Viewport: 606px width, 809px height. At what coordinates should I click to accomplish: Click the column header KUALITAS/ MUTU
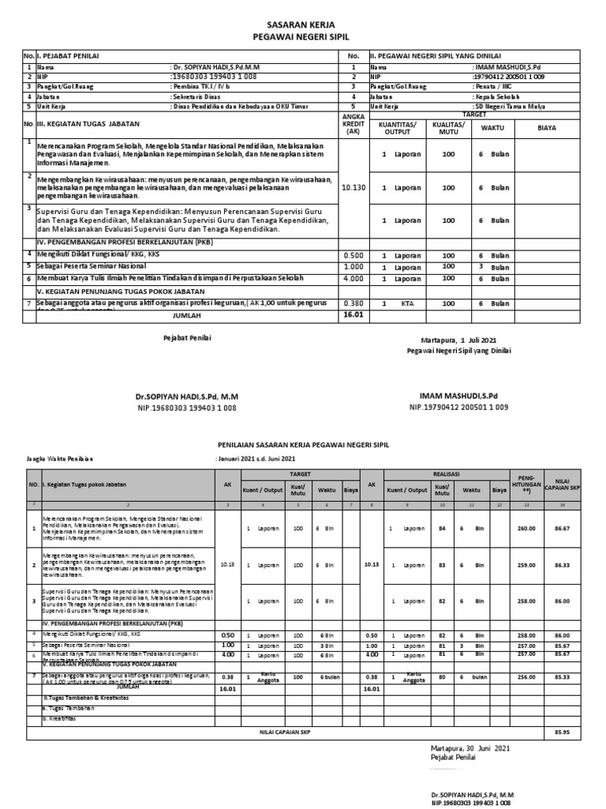click(x=448, y=129)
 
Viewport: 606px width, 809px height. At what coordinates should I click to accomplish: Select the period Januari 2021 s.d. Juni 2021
click(x=256, y=459)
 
